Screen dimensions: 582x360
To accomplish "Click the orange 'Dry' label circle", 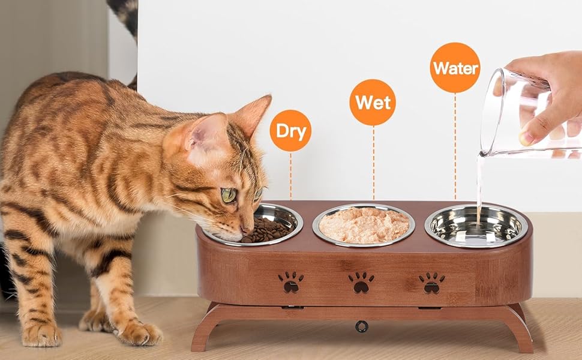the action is click(x=290, y=131).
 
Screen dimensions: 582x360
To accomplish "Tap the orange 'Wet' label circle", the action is click(x=373, y=103).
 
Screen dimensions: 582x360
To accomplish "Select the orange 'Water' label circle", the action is click(x=455, y=68).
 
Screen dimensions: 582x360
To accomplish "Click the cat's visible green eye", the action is click(x=229, y=195).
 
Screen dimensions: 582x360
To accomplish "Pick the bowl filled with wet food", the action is click(x=364, y=225).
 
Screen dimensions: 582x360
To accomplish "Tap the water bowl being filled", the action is click(x=476, y=226).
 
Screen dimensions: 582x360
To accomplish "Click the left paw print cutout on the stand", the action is click(x=290, y=282).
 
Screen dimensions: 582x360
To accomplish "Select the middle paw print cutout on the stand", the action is click(x=361, y=283).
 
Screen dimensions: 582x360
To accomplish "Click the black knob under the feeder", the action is click(x=362, y=326).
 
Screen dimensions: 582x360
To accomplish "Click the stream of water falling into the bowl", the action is click(x=479, y=189).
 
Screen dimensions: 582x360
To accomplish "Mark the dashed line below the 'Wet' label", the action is click(x=373, y=163).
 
